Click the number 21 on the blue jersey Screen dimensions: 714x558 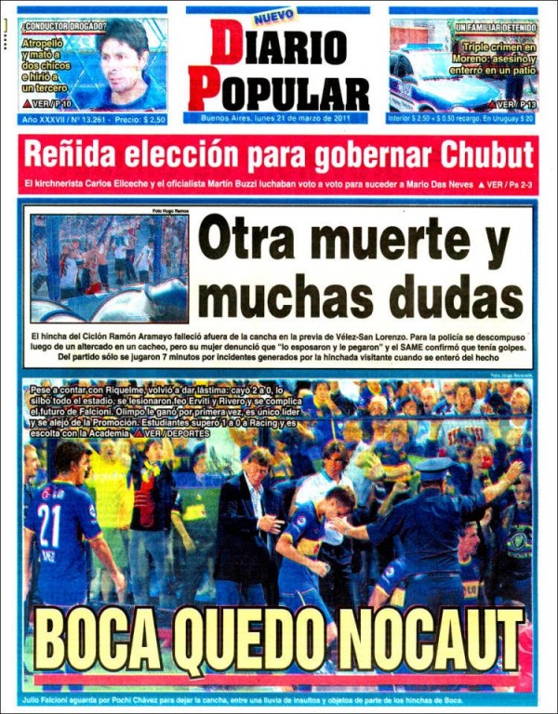tap(49, 525)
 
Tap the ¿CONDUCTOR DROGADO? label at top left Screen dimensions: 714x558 tap(63, 26)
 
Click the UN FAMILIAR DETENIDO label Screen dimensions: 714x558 tap(495, 29)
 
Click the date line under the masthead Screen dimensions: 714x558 tap(278, 118)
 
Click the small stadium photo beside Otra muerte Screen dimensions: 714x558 tap(110, 268)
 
